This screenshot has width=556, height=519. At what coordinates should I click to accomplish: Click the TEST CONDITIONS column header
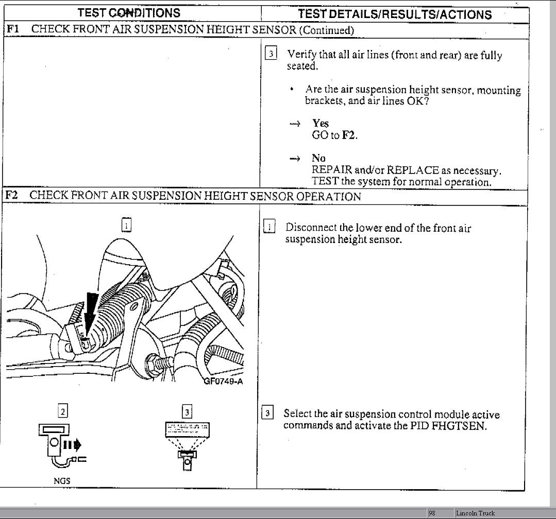129,13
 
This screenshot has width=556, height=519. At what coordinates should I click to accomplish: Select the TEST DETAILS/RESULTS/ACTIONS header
395,14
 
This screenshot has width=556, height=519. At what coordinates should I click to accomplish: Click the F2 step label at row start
12,196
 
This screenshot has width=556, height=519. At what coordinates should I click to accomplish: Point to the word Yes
320,124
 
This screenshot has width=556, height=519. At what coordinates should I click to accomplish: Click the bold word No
318,159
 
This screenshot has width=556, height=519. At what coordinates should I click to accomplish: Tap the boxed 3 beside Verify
271,54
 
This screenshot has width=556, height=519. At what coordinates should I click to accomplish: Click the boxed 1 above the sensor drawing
126,224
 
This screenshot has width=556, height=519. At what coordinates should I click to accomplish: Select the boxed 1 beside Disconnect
269,227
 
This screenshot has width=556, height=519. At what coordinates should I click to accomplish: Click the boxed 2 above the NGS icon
62,411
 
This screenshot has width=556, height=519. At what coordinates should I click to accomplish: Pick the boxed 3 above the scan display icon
187,411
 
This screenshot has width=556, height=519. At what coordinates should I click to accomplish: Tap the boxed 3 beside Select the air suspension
267,413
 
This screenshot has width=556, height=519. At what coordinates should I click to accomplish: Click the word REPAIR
332,170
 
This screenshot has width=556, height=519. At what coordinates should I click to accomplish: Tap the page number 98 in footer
432,513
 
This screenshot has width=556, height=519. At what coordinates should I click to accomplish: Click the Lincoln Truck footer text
475,513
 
